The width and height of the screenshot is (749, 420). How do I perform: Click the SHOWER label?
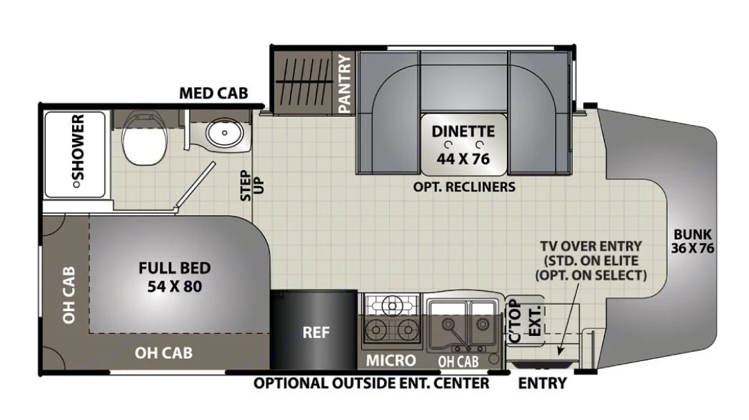click(x=78, y=151)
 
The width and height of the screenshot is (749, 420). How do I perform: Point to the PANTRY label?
click(x=345, y=85)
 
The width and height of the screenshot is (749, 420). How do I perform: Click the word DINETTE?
click(x=463, y=131)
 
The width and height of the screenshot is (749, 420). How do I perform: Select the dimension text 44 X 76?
click(x=463, y=158)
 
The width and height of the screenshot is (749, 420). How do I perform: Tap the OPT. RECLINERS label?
click(x=464, y=187)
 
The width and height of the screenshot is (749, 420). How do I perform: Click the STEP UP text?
click(x=248, y=185)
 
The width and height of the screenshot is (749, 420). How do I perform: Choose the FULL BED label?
click(x=174, y=268)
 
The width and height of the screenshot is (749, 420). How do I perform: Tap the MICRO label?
click(x=391, y=360)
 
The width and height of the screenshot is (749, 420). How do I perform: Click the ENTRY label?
click(x=542, y=383)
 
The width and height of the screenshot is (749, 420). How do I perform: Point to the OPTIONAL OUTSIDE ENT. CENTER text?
click(x=371, y=383)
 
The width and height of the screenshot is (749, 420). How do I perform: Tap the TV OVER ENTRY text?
click(x=592, y=246)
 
